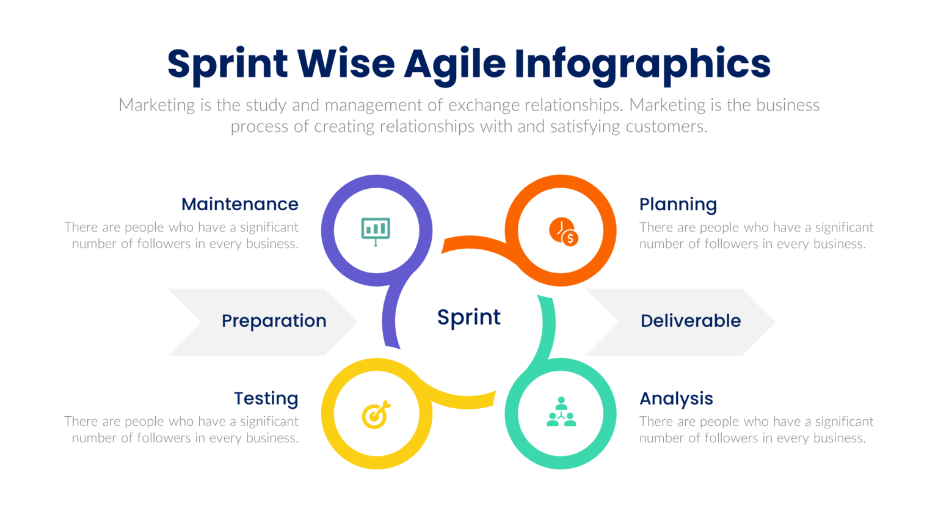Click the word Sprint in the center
click(x=468, y=318)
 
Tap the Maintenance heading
click(x=239, y=204)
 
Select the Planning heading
click(x=678, y=204)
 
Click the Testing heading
click(x=266, y=398)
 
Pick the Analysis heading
click(x=676, y=398)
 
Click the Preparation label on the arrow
click(x=274, y=321)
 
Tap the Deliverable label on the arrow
click(x=690, y=321)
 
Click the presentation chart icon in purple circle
click(x=376, y=231)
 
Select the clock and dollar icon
click(x=563, y=232)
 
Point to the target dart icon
click(x=376, y=415)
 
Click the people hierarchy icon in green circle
click(x=561, y=413)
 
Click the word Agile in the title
click(x=454, y=64)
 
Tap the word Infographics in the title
click(x=642, y=64)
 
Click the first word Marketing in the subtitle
click(x=156, y=105)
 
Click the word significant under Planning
click(x=844, y=227)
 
